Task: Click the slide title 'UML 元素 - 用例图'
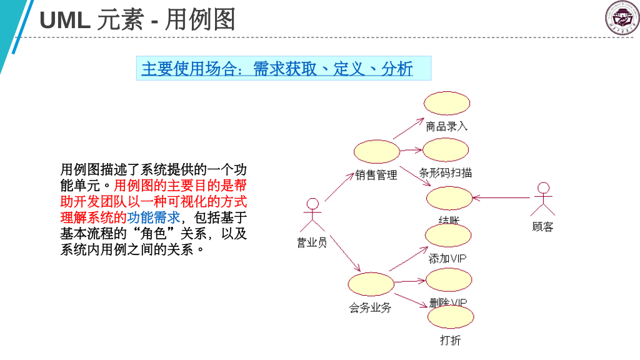click(x=137, y=21)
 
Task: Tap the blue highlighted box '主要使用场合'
click(x=283, y=68)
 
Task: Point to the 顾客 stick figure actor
click(x=543, y=199)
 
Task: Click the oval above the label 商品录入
click(x=446, y=103)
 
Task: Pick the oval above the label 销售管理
click(x=376, y=151)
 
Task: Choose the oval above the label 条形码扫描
click(x=445, y=150)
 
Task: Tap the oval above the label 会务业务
click(x=371, y=284)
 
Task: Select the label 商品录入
click(x=446, y=126)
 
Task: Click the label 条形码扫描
click(x=445, y=173)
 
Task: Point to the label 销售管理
click(x=376, y=175)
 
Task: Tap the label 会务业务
click(x=370, y=307)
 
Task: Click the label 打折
click(x=450, y=341)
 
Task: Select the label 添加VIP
click(x=447, y=258)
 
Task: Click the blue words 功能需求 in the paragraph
click(x=154, y=217)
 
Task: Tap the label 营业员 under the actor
click(x=311, y=242)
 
